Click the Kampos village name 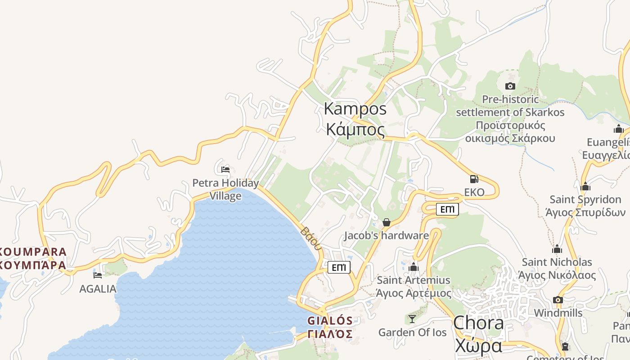(355, 119)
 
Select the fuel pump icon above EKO (474, 179)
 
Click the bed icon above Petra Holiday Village (225, 170)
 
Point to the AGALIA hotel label (98, 289)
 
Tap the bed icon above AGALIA (98, 275)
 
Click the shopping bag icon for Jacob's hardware (386, 222)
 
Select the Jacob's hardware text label (387, 235)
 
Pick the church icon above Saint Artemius (414, 267)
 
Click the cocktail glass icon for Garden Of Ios (412, 319)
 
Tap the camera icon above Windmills (558, 300)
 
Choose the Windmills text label (558, 313)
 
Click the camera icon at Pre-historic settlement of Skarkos (510, 86)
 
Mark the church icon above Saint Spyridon (585, 186)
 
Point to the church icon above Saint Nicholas (557, 249)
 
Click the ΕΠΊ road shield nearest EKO (447, 209)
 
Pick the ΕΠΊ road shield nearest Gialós (339, 267)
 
